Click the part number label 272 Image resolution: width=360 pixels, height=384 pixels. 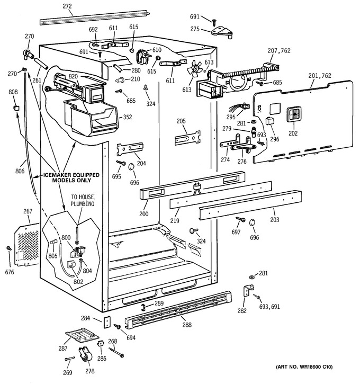(67, 6)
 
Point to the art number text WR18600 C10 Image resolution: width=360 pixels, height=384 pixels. (304, 367)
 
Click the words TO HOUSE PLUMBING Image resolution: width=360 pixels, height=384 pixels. (83, 200)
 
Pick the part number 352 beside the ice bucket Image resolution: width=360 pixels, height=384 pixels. (128, 117)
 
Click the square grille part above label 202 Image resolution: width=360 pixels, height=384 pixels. (294, 114)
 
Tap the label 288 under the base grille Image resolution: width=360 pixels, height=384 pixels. (187, 325)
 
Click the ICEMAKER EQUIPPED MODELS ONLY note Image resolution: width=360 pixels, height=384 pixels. (71, 177)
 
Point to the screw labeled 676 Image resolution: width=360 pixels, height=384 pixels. (9, 248)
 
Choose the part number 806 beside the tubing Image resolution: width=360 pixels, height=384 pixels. (20, 171)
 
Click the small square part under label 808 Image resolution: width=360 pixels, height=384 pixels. (16, 108)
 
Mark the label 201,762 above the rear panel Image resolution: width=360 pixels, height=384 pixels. (320, 75)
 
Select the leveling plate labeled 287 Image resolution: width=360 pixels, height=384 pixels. (82, 335)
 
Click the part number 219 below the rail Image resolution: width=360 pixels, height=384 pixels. (175, 220)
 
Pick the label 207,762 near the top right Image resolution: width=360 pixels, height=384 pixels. (279, 51)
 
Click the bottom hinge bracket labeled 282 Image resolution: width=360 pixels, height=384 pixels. (248, 290)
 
